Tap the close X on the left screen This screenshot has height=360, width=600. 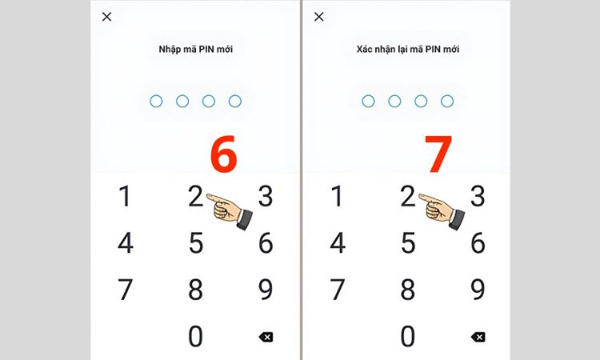pos(106,17)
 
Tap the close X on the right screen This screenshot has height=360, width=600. pos(318,17)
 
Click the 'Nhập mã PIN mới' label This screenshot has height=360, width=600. pos(195,49)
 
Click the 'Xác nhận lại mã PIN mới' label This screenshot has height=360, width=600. pos(408,49)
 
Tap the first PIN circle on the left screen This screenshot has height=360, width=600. pos(156,101)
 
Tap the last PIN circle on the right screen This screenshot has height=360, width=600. pos(447,101)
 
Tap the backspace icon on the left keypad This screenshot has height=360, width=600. pos(266,337)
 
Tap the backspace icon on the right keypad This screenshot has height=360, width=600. pos(478,337)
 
